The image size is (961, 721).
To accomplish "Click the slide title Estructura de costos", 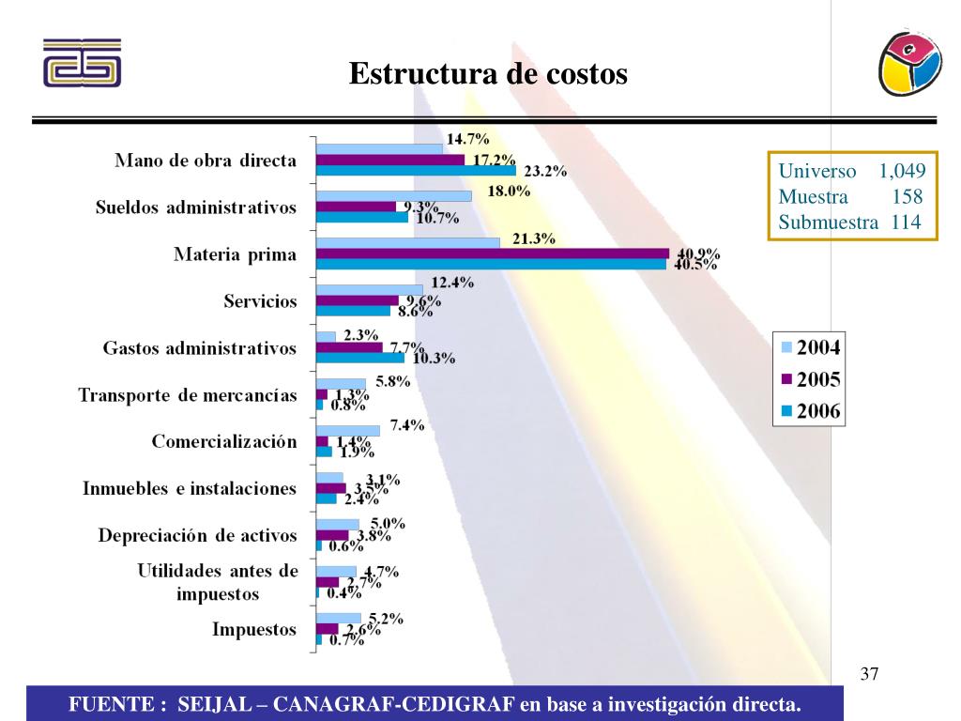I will click(x=488, y=73).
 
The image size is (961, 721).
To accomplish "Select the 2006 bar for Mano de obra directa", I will click(x=416, y=171).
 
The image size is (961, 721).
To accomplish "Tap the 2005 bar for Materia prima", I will click(x=492, y=253).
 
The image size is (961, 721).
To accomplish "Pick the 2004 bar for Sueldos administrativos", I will click(x=393, y=195).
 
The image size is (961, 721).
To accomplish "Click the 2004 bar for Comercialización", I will click(x=347, y=430).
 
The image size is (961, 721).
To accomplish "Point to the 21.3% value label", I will click(x=534, y=238).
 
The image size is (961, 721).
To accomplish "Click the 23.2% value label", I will click(x=545, y=172).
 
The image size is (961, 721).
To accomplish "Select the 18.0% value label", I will click(x=509, y=192).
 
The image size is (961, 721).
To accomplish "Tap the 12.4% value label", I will click(x=451, y=283).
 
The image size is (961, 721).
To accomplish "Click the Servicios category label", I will click(x=260, y=301).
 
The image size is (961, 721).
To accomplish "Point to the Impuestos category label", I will click(x=254, y=629).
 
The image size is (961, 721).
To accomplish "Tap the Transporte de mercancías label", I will click(x=188, y=395).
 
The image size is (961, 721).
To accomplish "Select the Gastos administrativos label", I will click(x=199, y=348).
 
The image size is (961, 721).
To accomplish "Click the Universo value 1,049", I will click(x=902, y=171).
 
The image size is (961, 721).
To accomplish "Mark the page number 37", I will click(x=869, y=673).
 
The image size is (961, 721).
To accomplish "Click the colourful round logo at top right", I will click(x=909, y=62).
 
